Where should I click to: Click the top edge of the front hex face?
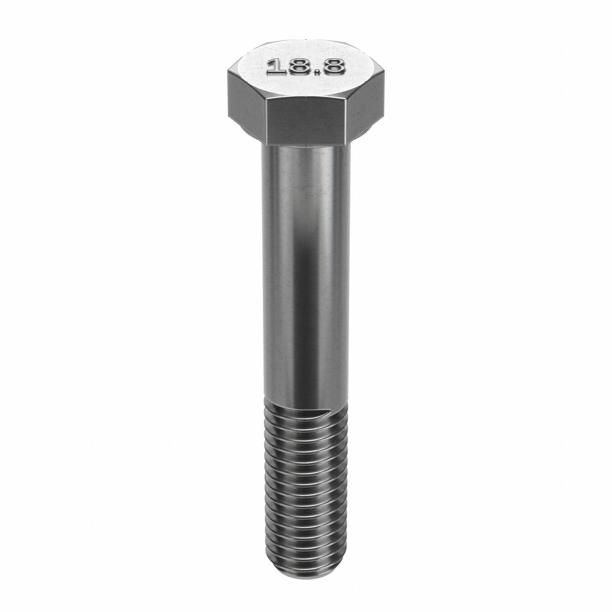(x=307, y=99)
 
